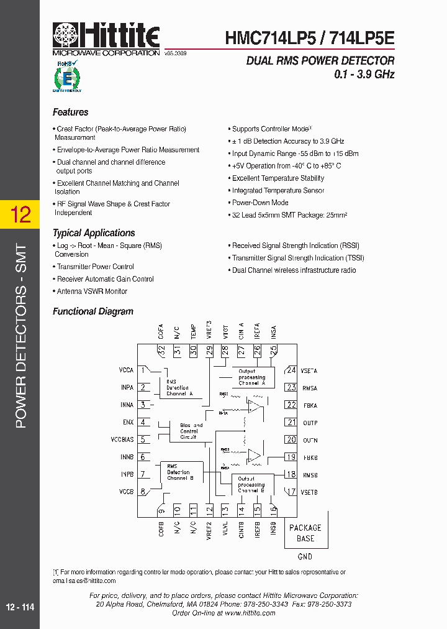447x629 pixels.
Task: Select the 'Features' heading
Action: click(70, 112)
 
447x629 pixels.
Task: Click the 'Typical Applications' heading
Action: click(94, 233)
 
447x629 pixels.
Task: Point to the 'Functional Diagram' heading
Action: click(93, 311)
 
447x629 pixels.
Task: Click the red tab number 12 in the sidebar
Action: click(20, 214)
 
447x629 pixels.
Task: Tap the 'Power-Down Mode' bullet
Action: click(260, 203)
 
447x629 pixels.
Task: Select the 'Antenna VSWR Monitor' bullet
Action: click(92, 292)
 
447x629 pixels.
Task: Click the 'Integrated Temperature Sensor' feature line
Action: click(278, 191)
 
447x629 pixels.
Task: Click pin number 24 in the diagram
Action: click(291, 370)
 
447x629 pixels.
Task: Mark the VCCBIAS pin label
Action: click(122, 439)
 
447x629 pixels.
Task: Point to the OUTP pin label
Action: click(310, 423)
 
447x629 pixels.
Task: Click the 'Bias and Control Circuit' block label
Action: click(189, 431)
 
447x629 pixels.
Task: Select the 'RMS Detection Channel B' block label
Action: click(178, 472)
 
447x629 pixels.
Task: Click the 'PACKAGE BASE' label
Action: click(305, 533)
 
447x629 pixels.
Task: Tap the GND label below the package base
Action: click(305, 556)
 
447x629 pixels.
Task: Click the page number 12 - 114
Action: click(20, 608)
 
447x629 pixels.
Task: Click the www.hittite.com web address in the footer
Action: click(250, 613)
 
